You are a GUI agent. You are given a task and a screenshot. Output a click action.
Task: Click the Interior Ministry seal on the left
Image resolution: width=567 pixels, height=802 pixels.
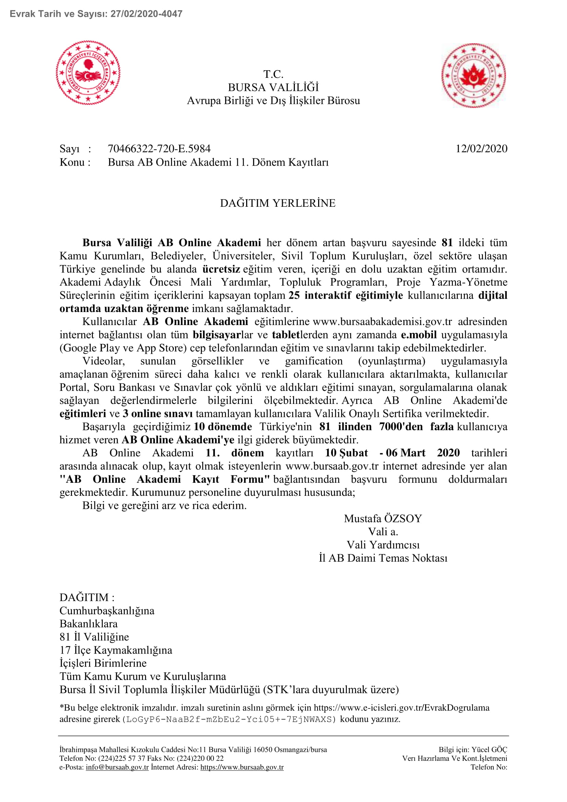pyautogui.click(x=88, y=73)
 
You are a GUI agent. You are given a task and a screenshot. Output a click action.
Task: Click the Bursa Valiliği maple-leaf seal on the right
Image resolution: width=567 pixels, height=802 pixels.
pyautogui.click(x=473, y=75)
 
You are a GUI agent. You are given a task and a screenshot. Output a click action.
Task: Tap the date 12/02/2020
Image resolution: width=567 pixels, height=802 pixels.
pyautogui.click(x=481, y=149)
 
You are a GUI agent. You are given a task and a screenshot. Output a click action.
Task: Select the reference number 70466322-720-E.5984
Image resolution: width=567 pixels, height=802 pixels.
pyautogui.click(x=159, y=149)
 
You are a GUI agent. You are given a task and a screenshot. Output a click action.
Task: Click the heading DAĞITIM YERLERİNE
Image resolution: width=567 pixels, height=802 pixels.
pyautogui.click(x=278, y=203)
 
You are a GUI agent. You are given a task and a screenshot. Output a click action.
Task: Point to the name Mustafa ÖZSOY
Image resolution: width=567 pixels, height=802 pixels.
pyautogui.click(x=383, y=518)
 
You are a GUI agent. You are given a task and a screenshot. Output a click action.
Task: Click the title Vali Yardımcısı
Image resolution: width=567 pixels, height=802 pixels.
pyautogui.click(x=383, y=544)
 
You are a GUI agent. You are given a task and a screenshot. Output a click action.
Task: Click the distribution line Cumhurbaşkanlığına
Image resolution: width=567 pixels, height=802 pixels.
pyautogui.click(x=107, y=611)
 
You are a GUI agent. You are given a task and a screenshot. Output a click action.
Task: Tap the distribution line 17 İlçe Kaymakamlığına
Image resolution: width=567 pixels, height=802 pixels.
pyautogui.click(x=116, y=650)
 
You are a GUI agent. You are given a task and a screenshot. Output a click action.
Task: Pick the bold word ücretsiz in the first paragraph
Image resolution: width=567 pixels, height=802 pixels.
pyautogui.click(x=221, y=269)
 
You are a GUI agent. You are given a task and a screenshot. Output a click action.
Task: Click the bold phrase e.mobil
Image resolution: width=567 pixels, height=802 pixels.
pyautogui.click(x=419, y=335)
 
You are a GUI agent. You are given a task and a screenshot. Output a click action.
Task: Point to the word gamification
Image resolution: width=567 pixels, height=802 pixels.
pyautogui.click(x=314, y=361)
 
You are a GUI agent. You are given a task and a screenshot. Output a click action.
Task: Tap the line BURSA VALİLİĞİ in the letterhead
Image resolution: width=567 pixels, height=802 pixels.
pyautogui.click(x=273, y=87)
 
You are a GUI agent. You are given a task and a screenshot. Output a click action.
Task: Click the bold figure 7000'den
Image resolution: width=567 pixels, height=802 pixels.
pyautogui.click(x=401, y=427)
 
